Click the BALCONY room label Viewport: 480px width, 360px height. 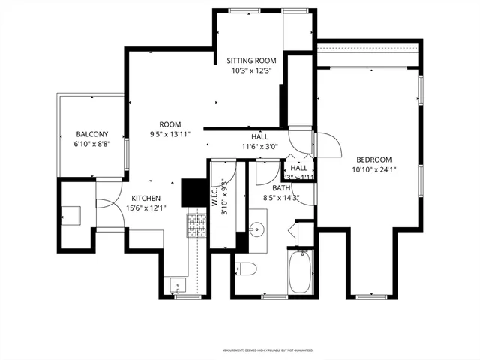point(92,134)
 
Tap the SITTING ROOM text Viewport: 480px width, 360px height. point(252,61)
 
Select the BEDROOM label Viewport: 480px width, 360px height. point(373,160)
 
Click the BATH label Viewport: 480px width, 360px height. point(281,188)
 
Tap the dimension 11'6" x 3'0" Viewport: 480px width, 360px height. point(259,147)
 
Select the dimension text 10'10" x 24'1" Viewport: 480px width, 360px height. point(373,169)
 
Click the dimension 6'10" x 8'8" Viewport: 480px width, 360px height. point(92,144)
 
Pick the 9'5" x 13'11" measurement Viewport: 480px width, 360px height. point(169,134)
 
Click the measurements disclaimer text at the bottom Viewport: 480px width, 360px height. point(267,349)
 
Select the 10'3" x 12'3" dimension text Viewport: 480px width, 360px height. point(252,70)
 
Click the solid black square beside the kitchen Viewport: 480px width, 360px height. point(193,190)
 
